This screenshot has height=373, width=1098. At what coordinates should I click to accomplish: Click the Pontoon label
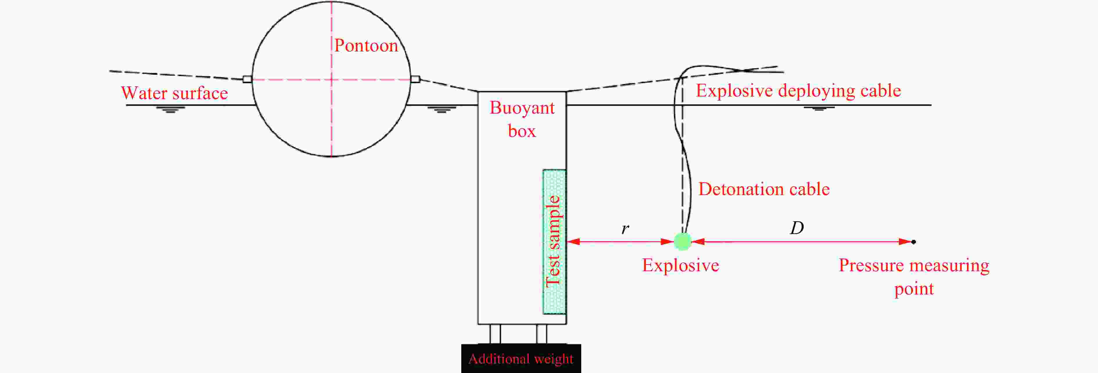coord(366,46)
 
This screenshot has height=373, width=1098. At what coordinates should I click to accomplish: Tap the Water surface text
coord(174,93)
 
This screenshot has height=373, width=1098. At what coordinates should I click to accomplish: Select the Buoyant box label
coord(522,119)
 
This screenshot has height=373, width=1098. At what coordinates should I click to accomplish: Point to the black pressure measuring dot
coord(914,242)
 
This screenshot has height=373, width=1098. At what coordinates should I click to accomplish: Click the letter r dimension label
coord(625,229)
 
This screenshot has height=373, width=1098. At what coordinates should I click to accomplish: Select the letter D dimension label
coord(797,228)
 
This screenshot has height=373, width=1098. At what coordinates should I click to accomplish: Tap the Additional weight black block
coord(521,358)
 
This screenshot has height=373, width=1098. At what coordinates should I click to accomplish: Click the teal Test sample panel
coord(555,242)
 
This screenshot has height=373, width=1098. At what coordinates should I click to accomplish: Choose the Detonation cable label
coord(764,189)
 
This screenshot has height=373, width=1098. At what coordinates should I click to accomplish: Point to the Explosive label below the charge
coord(681,265)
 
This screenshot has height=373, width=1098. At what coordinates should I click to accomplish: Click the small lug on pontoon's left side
coord(247,79)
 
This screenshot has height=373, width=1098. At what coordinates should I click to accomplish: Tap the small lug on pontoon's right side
coord(415,79)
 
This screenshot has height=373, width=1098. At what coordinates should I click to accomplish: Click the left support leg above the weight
coord(495,334)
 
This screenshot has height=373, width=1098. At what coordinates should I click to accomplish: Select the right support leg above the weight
coord(541,334)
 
